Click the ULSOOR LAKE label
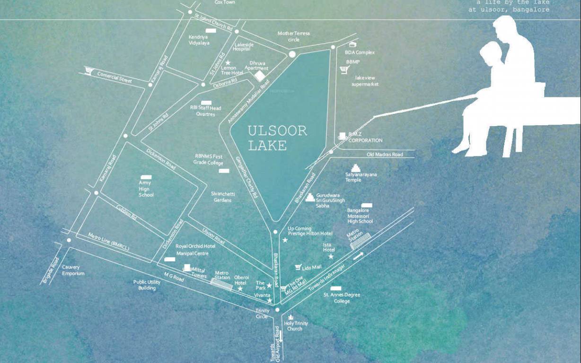click(277, 138)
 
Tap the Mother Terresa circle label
click(293, 36)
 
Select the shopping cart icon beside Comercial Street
click(88, 71)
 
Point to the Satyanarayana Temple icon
click(356, 168)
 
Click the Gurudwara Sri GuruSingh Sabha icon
click(310, 197)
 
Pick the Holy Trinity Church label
click(296, 326)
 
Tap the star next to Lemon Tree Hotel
click(228, 62)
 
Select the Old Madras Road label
click(385, 155)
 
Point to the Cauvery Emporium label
click(73, 270)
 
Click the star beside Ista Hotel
click(331, 256)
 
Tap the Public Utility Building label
click(147, 285)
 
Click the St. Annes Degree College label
click(342, 298)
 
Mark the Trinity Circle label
click(262, 313)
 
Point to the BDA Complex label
click(360, 52)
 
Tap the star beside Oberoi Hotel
click(240, 289)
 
